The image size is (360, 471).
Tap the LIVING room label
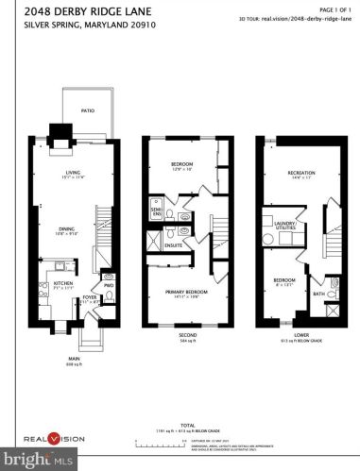click(x=72, y=172)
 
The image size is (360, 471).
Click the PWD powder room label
click(x=109, y=284)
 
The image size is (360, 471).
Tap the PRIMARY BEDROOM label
click(x=179, y=294)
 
